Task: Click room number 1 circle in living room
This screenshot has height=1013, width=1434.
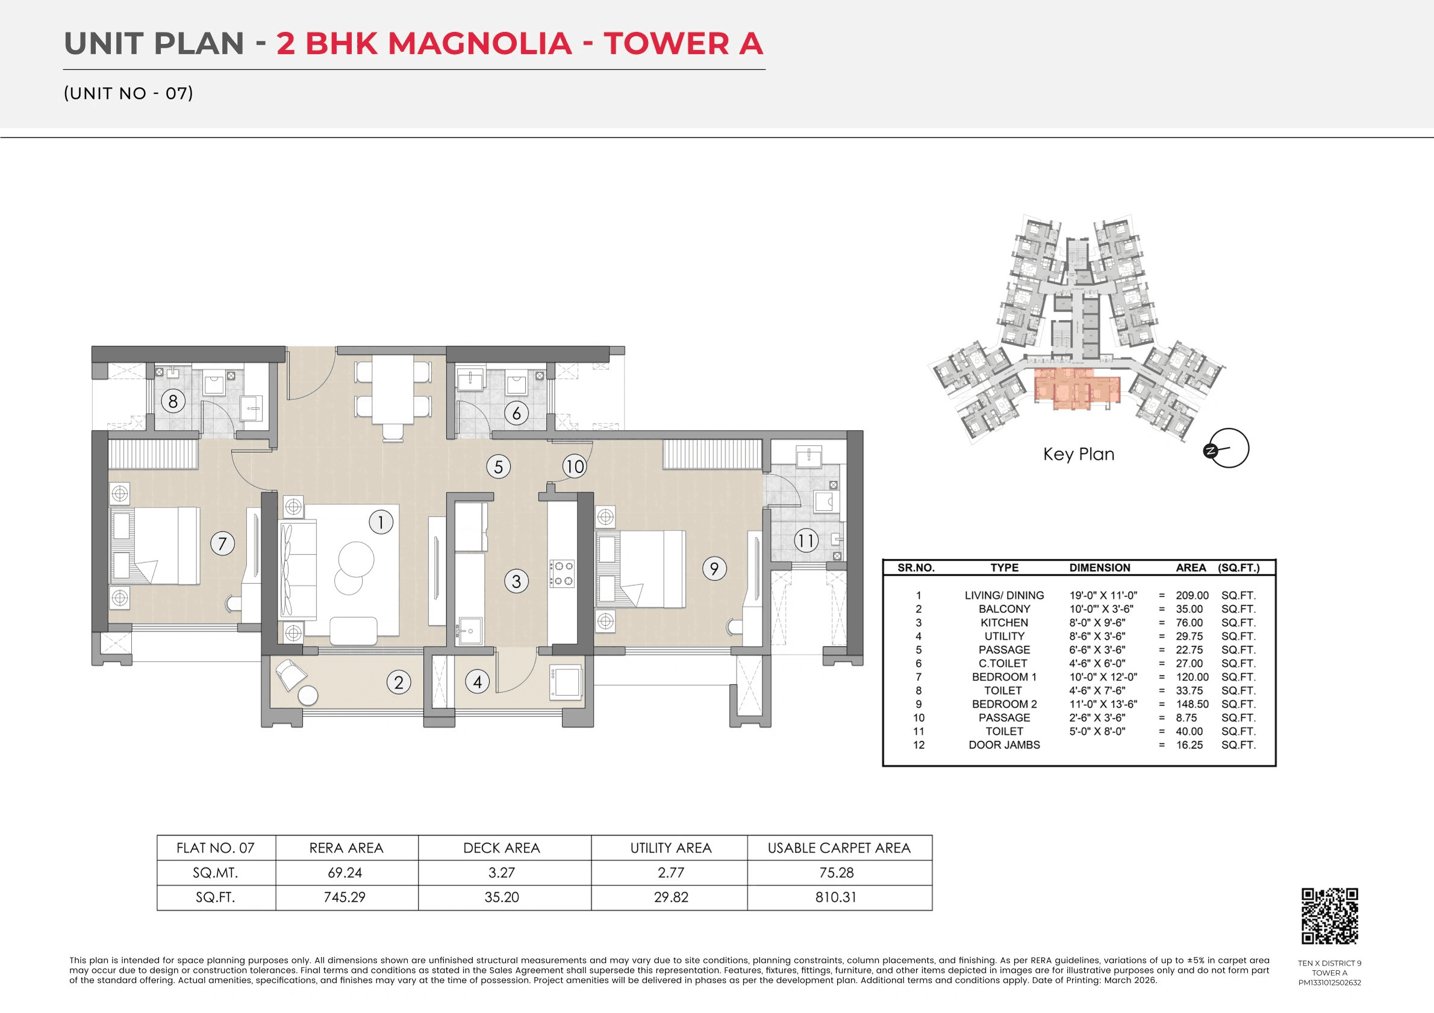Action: pos(381,522)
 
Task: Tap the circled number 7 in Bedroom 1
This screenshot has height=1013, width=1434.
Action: pos(222,544)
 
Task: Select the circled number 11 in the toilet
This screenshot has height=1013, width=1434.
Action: pos(806,541)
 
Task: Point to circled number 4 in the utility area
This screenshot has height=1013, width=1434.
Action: pos(477,681)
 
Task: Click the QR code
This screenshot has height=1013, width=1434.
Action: pos(1330,915)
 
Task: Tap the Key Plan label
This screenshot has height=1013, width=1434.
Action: pos(1079,454)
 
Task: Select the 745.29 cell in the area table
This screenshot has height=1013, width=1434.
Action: pos(344,897)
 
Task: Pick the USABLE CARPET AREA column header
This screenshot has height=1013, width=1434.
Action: pos(839,847)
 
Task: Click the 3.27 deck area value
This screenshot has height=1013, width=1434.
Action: pos(502,873)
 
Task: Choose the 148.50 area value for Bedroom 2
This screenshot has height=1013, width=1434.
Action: pos(1192,704)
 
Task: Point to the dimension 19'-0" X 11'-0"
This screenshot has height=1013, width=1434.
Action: pos(1103,595)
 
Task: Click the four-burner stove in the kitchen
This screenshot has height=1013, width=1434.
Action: pos(561,574)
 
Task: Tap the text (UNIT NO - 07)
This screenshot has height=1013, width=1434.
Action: pos(129,93)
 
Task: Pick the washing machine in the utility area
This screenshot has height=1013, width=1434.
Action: pos(566,681)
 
